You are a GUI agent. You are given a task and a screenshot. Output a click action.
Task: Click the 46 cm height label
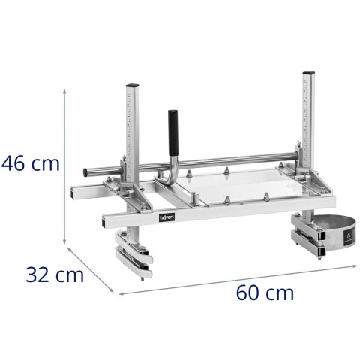(30, 163)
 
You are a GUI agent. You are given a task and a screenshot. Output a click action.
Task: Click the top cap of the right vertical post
(308, 73)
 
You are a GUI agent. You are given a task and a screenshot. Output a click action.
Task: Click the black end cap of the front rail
(101, 220)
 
